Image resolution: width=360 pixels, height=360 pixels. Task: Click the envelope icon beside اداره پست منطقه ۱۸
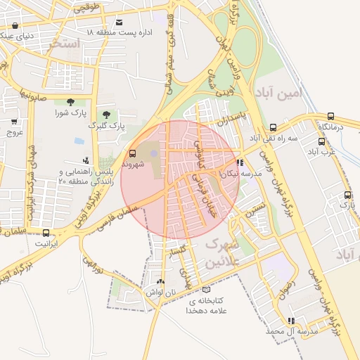(119, 23)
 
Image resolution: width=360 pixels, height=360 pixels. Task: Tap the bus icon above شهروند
(132, 154)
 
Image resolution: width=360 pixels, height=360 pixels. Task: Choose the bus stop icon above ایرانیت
(46, 233)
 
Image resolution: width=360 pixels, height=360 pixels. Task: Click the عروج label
(15, 131)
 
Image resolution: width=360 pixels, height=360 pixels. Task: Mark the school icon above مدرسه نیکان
(240, 162)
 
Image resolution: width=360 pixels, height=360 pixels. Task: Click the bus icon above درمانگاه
(330, 116)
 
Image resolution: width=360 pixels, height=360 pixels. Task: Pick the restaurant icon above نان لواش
(162, 281)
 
